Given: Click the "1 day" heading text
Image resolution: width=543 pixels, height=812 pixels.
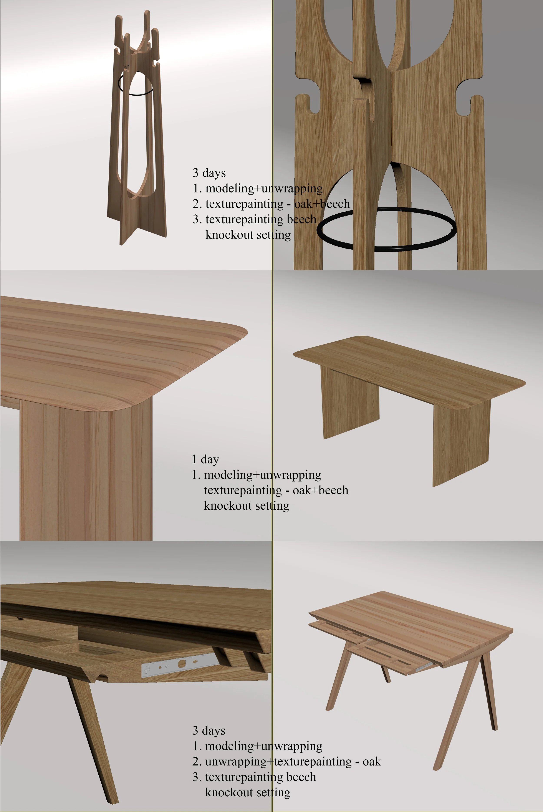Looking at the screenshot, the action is [205, 459].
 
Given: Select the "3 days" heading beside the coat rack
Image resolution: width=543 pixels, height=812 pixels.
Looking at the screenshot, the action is [209, 172].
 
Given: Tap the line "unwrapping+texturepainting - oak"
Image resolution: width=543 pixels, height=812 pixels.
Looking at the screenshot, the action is [293, 761].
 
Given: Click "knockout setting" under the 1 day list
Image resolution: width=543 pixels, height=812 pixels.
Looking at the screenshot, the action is [247, 505].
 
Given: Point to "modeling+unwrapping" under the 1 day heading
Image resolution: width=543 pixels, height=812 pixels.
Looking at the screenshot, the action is [263, 475].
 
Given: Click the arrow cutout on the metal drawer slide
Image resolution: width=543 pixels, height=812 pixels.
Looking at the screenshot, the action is [196, 661].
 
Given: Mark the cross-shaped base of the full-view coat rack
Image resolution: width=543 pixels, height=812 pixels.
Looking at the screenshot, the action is [137, 222].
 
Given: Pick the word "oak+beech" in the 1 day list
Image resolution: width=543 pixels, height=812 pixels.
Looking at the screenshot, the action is [320, 490].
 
